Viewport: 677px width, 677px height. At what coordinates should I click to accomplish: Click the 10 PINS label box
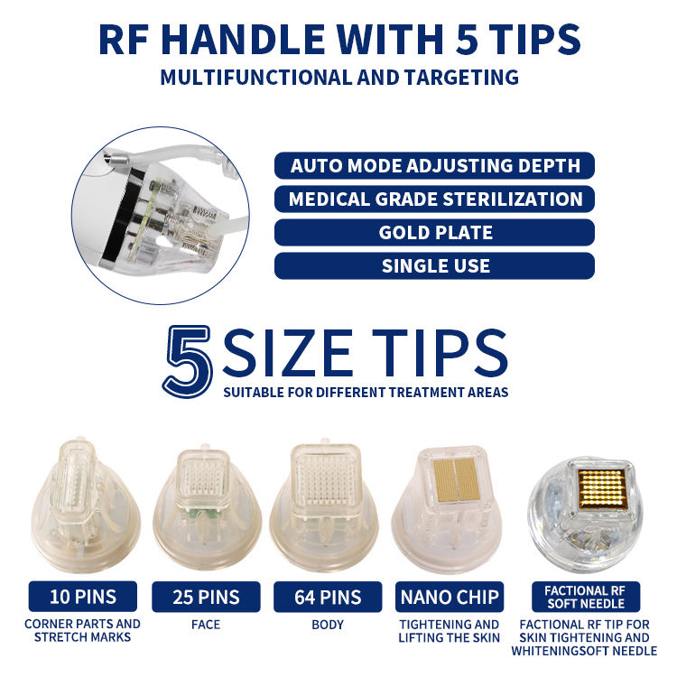[x=84, y=597]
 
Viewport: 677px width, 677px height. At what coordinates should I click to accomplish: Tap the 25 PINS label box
[x=206, y=597]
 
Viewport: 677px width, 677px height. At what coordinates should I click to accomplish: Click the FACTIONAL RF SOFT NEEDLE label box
[x=587, y=597]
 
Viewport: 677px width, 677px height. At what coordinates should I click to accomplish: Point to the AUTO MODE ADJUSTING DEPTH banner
[x=435, y=166]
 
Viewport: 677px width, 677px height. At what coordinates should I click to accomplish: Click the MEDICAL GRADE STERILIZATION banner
[x=435, y=199]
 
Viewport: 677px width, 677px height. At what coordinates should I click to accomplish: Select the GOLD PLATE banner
[x=435, y=233]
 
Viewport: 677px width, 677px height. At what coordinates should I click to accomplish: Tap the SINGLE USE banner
[x=435, y=266]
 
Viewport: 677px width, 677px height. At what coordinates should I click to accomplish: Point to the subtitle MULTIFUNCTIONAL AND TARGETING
[x=339, y=77]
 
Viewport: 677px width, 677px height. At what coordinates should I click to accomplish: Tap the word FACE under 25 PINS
[x=206, y=624]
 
